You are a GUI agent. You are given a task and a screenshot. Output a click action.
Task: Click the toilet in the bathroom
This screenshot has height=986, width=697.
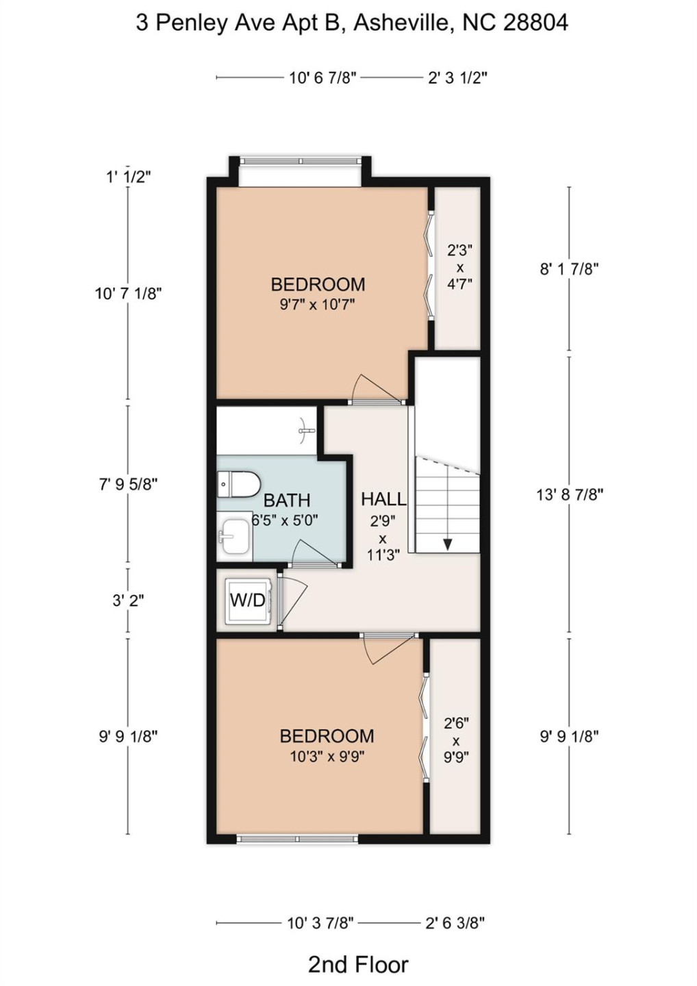[238, 484]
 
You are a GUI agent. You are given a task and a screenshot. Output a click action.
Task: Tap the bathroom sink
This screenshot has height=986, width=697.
[234, 536]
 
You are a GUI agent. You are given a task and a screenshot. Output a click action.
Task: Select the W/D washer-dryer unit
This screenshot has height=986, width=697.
[247, 601]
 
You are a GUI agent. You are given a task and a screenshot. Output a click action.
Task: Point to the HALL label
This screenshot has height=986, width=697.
[383, 499]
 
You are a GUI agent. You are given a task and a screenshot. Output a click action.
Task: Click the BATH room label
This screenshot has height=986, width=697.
[286, 501]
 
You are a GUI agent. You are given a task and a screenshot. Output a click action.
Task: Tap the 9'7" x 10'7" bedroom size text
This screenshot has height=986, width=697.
[317, 304]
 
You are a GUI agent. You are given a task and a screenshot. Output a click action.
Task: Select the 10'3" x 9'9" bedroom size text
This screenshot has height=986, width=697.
[326, 757]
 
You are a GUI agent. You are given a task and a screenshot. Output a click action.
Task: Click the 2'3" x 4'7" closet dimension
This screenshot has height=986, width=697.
[459, 267]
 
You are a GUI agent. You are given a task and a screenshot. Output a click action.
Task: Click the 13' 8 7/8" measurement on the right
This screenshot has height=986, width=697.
[569, 494]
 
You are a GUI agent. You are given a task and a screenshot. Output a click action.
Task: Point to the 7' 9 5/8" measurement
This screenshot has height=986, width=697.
[128, 484]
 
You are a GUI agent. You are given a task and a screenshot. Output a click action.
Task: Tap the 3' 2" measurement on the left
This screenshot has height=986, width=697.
[128, 601]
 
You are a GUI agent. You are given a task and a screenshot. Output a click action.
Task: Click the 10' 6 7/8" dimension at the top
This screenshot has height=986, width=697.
[322, 77]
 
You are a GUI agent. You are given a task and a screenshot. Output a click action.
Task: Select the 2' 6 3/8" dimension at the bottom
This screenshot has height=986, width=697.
[455, 923]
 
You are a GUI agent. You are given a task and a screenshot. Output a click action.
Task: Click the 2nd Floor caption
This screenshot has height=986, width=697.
[357, 964]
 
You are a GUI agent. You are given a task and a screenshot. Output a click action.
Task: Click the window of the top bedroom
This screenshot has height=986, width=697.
[300, 162]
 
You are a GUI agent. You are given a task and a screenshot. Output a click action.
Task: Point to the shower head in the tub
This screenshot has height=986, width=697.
[306, 431]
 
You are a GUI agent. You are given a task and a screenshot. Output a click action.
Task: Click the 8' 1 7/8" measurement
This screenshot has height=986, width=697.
[569, 268]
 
